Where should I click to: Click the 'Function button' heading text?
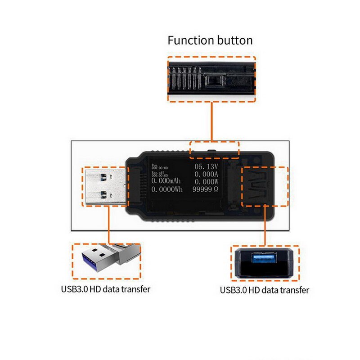(x=210, y=40)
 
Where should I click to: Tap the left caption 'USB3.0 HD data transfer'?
(x=105, y=289)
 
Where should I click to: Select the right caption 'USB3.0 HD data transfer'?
(x=265, y=290)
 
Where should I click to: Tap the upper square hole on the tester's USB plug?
(x=104, y=175)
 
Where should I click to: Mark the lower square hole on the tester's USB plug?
(x=104, y=195)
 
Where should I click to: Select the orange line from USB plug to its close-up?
(x=109, y=225)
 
